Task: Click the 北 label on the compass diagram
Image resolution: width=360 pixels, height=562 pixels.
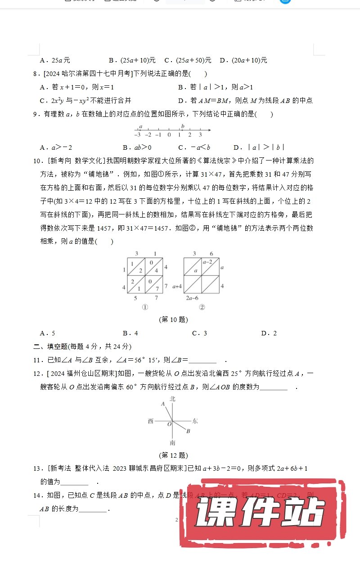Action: [172, 399]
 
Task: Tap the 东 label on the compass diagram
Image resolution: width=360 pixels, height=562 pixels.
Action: [195, 421]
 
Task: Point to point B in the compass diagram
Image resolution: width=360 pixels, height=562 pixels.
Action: [188, 432]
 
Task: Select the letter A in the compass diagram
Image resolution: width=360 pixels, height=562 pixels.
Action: [163, 404]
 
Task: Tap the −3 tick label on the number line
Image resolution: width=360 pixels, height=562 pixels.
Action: [138, 135]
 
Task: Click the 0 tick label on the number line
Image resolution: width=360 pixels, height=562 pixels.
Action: [169, 135]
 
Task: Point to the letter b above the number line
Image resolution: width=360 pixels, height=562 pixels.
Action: [183, 126]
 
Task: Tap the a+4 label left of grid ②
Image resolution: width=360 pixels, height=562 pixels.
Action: [177, 286]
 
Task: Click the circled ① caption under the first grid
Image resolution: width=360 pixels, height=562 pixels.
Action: [145, 307]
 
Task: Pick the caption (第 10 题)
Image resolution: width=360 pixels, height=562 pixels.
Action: [173, 320]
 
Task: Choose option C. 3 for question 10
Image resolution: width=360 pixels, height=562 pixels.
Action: [199, 333]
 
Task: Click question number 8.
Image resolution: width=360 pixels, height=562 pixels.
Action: [36, 74]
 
